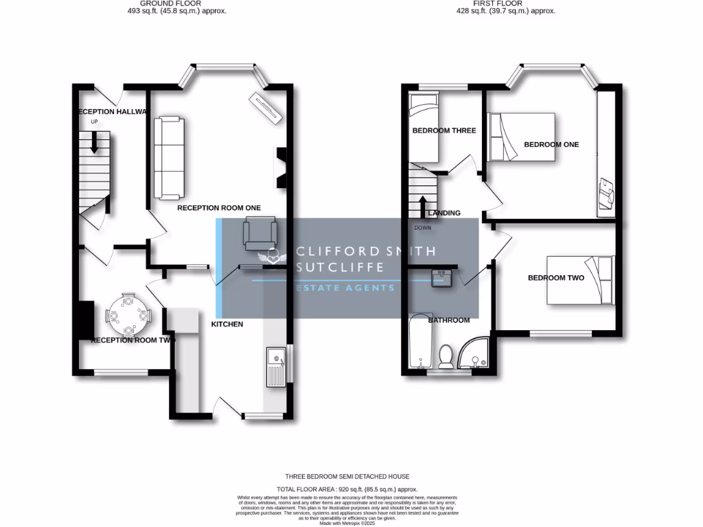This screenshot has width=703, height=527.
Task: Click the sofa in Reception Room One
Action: [x=169, y=157]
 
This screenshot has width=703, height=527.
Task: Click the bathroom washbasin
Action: [x=440, y=278]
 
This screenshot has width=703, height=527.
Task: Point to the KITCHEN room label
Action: [x=227, y=324]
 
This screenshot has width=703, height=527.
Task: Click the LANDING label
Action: [x=444, y=213]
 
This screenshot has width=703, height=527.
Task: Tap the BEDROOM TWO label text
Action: [x=555, y=278]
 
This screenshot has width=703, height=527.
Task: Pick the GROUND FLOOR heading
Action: [x=165, y=3]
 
